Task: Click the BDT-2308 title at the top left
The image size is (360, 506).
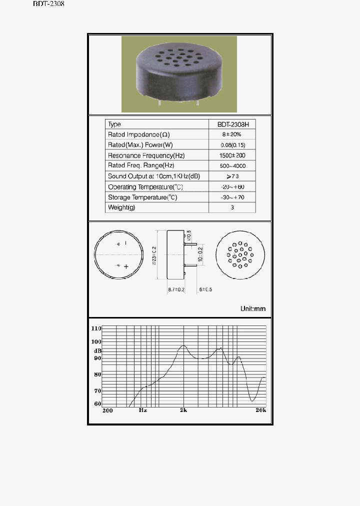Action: pos(48,4)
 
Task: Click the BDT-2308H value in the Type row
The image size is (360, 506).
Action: pos(232,124)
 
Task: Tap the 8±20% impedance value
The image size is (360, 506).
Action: pos(232,134)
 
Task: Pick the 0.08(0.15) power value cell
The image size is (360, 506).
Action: pos(232,145)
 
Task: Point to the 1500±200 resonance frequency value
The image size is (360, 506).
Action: pos(232,155)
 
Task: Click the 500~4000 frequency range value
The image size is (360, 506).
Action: pos(232,165)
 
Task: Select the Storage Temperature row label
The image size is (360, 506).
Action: pos(142,197)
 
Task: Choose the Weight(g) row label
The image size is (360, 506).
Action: pos(121,207)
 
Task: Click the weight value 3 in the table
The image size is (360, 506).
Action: pos(232,207)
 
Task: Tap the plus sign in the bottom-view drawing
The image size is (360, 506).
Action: pos(126,266)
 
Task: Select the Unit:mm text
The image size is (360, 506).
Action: pos(253,308)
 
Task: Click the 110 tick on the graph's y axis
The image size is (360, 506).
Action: pos(96,328)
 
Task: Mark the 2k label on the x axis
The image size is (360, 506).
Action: pos(183,410)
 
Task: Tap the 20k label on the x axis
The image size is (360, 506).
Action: pos(260,410)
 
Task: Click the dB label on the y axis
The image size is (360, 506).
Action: pos(97,350)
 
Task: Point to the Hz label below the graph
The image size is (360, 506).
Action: pos(142,410)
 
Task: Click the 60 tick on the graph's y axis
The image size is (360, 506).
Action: pos(97,403)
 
